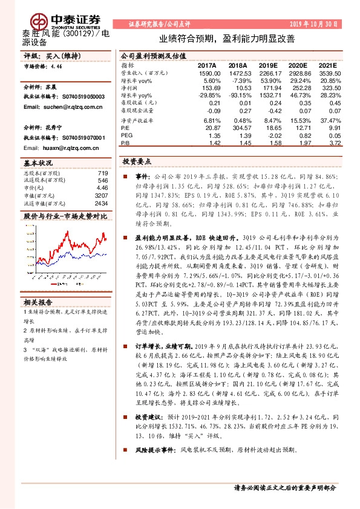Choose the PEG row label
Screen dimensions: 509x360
tap(126, 136)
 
